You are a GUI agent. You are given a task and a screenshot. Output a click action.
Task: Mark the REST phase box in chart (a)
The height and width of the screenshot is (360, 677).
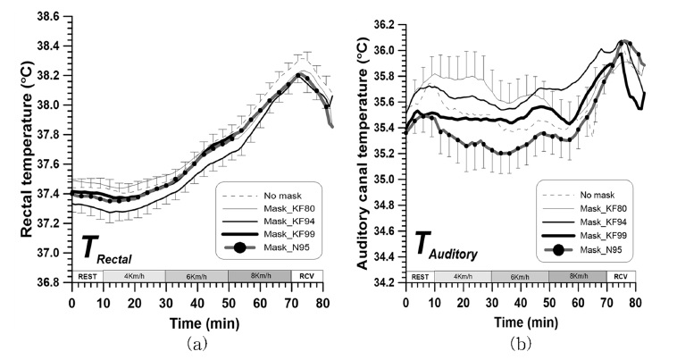pos(87,276)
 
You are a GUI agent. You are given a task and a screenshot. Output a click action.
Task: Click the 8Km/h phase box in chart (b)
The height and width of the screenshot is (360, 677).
pos(577,276)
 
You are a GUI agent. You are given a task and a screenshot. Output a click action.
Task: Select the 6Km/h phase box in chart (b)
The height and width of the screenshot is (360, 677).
pos(519,276)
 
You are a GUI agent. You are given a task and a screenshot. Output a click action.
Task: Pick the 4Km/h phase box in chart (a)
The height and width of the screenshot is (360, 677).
pos(134,276)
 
